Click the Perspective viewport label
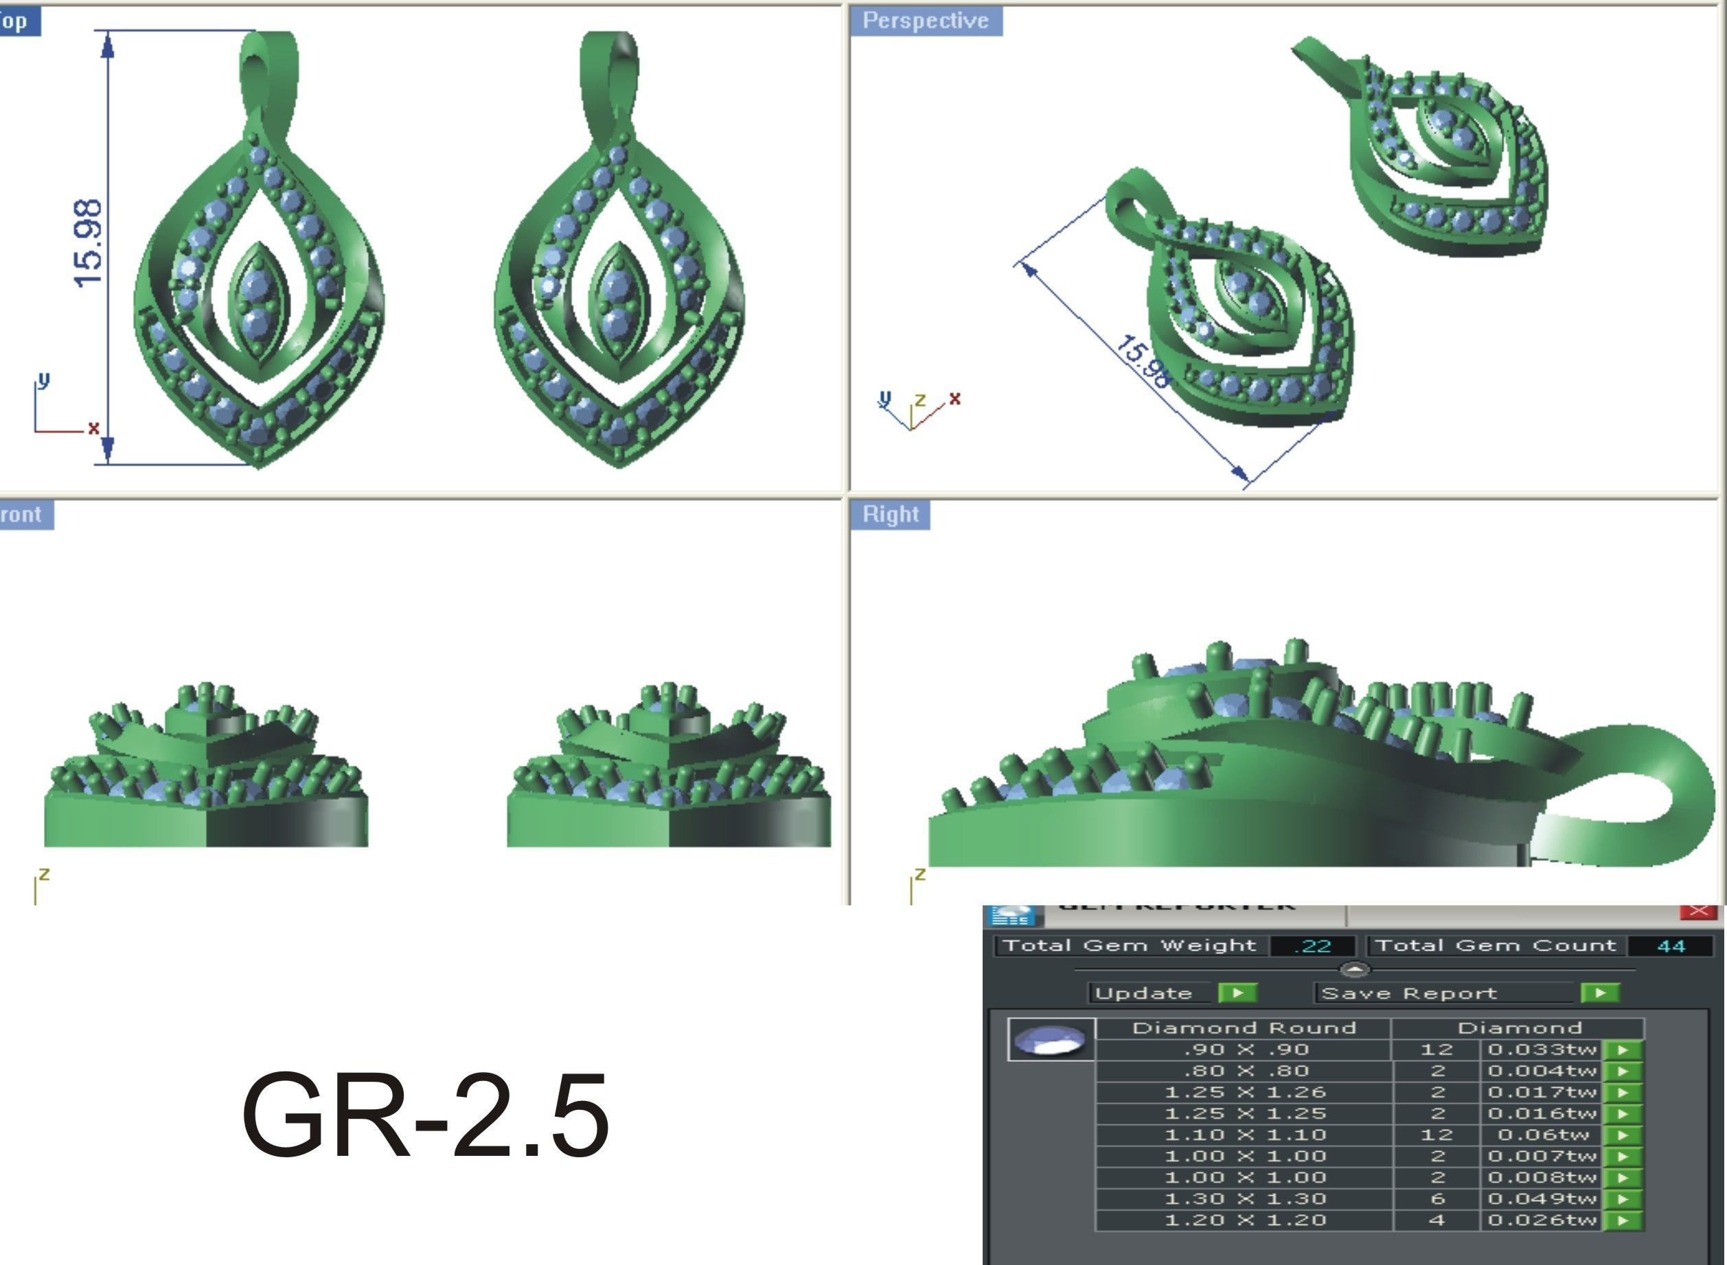[925, 21]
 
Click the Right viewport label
[890, 514]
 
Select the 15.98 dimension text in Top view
[89, 243]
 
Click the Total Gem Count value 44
[1669, 946]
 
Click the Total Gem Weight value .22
[1312, 946]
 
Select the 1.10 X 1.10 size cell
[1244, 1135]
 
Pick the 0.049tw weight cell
[1540, 1198]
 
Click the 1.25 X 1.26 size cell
[1244, 1092]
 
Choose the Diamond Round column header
[1244, 1028]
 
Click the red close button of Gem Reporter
[1697, 910]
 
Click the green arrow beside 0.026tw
[1622, 1220]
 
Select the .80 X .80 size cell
[1244, 1071]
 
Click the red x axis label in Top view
[93, 428]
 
